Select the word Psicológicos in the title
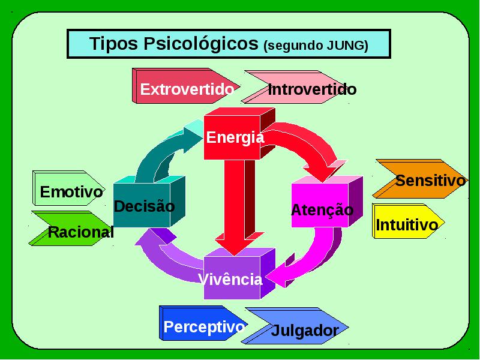click(x=201, y=44)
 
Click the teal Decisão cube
click(x=149, y=202)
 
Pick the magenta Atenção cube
click(x=327, y=202)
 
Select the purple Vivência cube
click(x=239, y=274)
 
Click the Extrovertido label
click(x=186, y=86)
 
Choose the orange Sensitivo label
click(x=420, y=179)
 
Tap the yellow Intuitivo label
click(x=409, y=221)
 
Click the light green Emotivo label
click(x=69, y=188)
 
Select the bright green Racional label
click(x=70, y=229)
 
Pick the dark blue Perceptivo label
click(x=203, y=323)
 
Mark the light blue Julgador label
click(x=295, y=326)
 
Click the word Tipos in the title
click(x=113, y=43)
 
